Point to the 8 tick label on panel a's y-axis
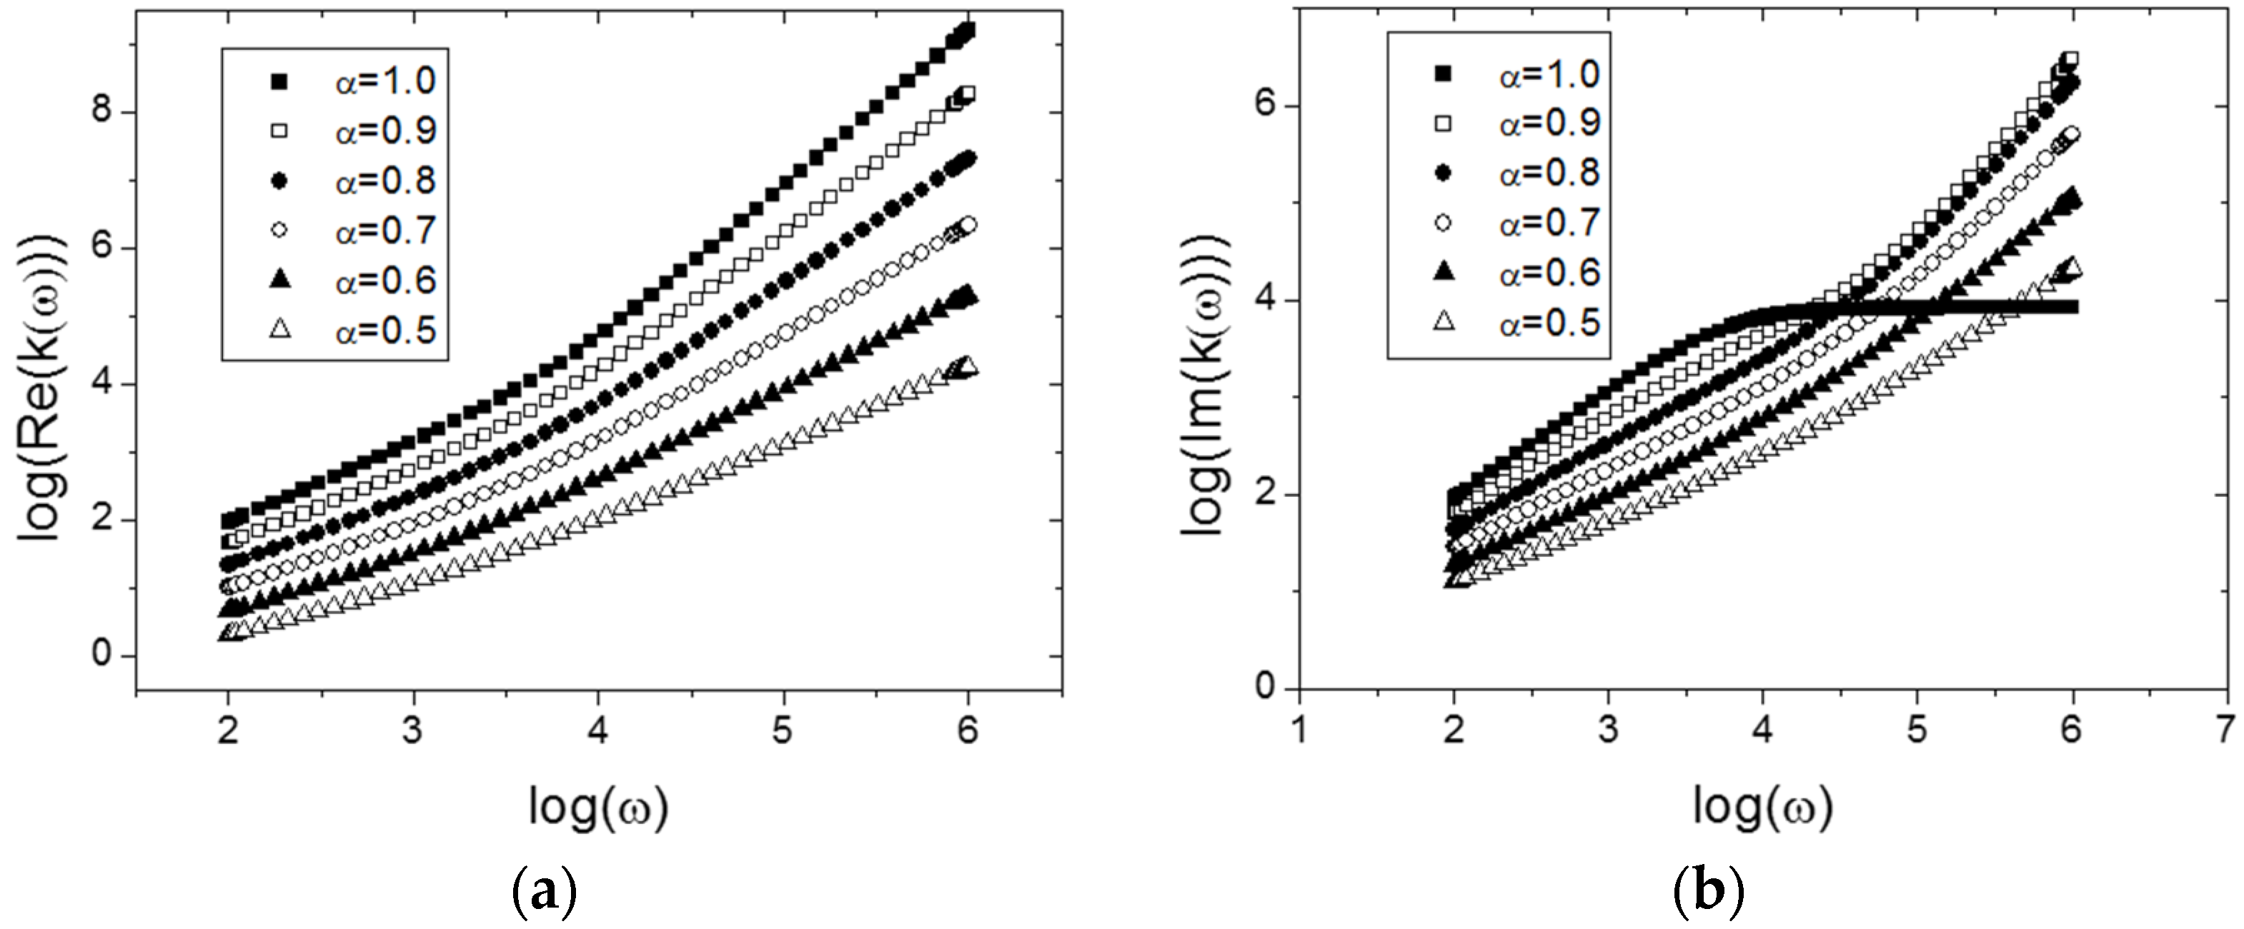[102, 114]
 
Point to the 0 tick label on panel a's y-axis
[102, 656]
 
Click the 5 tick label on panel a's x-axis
[783, 730]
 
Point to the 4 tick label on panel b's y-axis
[1264, 301]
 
